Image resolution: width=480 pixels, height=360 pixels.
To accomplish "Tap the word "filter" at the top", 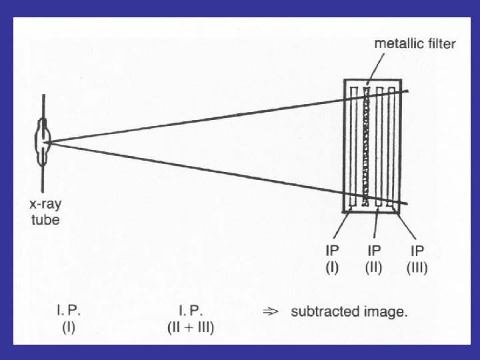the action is tap(440, 45).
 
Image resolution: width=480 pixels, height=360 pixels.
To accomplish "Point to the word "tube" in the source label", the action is tap(46, 220).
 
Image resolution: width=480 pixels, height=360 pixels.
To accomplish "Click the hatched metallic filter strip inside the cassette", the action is tap(365, 147).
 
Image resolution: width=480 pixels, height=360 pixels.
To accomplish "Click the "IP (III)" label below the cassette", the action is tap(417, 261).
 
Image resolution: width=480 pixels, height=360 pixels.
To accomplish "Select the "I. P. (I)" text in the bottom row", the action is tap(69, 319).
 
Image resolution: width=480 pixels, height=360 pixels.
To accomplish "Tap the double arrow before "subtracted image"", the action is tap(271, 311).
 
